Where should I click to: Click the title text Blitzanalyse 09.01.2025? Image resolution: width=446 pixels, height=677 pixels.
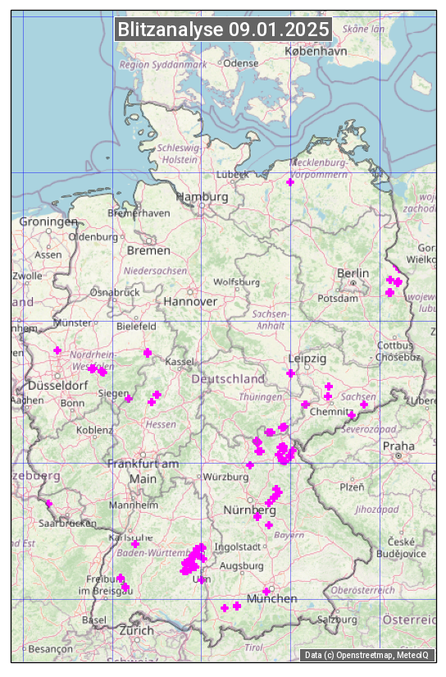coord(223,30)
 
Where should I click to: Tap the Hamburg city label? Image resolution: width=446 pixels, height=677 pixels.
coord(202,197)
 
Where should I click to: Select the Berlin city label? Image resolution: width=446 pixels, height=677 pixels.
coord(353,273)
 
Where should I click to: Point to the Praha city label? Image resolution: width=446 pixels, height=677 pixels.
coord(398,446)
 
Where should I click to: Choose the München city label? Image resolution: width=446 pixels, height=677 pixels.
coord(272,599)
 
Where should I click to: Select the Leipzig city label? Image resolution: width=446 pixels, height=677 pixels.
coord(307,359)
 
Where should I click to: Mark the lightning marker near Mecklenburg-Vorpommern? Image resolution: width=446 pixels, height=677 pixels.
coord(290,182)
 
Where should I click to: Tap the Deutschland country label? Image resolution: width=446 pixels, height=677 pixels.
coord(228,379)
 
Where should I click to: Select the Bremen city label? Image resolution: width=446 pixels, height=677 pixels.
coord(148,249)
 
